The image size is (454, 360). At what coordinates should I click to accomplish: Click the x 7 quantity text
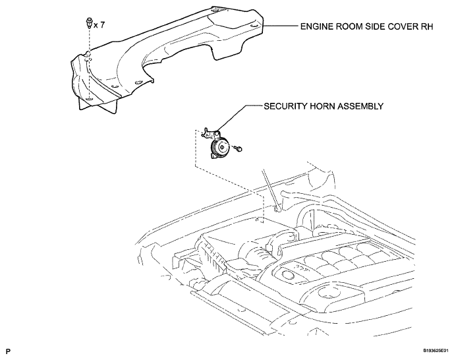99,25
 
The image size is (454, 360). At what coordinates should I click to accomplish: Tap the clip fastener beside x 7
89,23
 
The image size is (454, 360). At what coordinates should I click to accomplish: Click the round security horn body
219,148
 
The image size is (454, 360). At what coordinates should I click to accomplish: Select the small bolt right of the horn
239,149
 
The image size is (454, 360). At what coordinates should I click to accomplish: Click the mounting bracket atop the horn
212,133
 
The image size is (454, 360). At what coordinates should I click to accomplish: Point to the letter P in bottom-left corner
8,351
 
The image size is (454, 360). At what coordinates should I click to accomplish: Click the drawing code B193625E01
437,351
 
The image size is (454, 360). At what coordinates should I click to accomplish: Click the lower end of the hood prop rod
277,208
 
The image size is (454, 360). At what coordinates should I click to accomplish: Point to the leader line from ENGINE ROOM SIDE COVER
280,26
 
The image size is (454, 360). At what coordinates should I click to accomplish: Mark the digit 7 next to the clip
102,25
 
